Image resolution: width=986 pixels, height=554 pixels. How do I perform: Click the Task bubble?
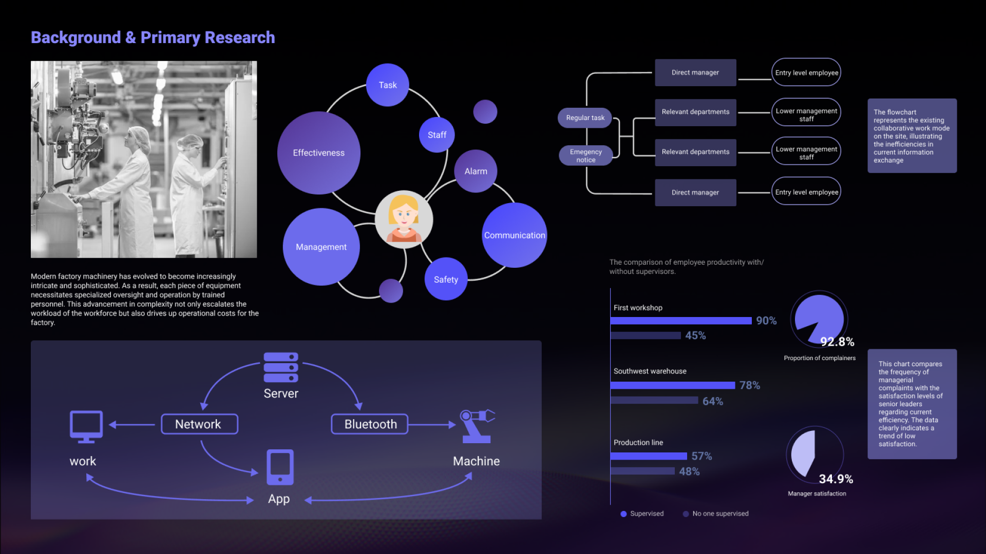[388, 85]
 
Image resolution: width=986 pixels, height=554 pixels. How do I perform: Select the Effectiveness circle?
[319, 153]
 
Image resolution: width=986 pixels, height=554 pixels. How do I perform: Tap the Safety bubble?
[446, 279]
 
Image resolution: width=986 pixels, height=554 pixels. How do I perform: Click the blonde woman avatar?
[404, 220]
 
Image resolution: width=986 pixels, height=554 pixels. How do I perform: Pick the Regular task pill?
[585, 118]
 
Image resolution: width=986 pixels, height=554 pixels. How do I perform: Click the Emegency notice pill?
[586, 155]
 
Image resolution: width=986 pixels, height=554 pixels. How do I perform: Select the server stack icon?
[281, 367]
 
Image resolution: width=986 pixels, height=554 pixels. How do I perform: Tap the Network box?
[199, 424]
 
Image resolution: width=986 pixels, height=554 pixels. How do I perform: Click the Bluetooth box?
[370, 424]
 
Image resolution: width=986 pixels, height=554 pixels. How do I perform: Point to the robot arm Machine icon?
[477, 426]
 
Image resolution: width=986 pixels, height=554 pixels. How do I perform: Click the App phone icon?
[280, 467]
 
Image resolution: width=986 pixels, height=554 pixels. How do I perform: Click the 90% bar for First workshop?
[681, 321]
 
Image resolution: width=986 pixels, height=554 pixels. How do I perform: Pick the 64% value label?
[713, 401]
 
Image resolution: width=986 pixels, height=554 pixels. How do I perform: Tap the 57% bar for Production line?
[649, 456]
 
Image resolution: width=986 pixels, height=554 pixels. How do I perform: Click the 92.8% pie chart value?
[837, 342]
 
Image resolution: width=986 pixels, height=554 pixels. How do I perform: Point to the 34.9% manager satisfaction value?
[836, 479]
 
